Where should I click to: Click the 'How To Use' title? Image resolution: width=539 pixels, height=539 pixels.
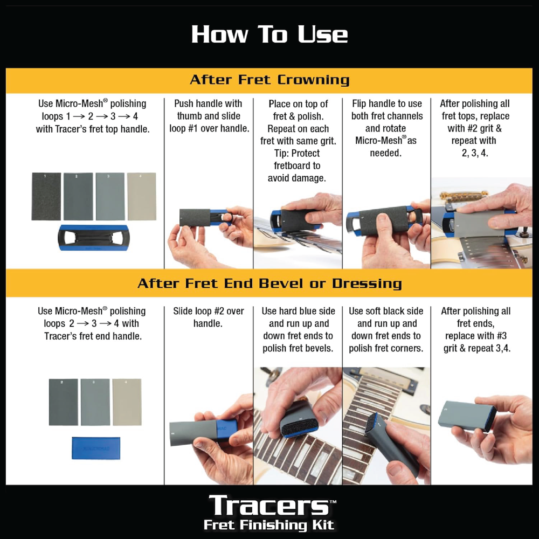tap(269, 34)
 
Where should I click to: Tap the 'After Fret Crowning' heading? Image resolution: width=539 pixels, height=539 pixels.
tap(269, 80)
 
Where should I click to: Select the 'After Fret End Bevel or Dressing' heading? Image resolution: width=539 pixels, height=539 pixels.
tap(269, 284)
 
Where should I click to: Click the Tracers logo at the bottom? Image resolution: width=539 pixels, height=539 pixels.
tap(269, 506)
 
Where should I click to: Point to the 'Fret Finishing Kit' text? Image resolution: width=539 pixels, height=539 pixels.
tap(269, 525)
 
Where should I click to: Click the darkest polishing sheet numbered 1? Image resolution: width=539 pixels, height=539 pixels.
tap(46, 197)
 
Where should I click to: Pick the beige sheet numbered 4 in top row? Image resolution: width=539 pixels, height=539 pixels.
tap(141, 197)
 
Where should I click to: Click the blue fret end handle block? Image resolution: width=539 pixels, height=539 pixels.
tap(96, 448)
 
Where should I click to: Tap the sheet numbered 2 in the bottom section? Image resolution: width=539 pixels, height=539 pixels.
tap(63, 402)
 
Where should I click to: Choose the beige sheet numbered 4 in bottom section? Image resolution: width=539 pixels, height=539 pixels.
tap(127, 402)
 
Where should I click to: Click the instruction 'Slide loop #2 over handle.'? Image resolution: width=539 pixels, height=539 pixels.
tap(209, 317)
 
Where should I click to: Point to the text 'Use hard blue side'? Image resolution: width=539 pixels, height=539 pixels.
tap(298, 311)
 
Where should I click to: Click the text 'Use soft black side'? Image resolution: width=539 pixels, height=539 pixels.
tap(386, 311)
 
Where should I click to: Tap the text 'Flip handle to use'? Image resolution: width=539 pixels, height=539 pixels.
tap(386, 103)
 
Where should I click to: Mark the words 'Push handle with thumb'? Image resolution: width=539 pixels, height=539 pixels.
tap(208, 109)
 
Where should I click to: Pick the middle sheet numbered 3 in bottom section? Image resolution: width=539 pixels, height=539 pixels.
tap(95, 402)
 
